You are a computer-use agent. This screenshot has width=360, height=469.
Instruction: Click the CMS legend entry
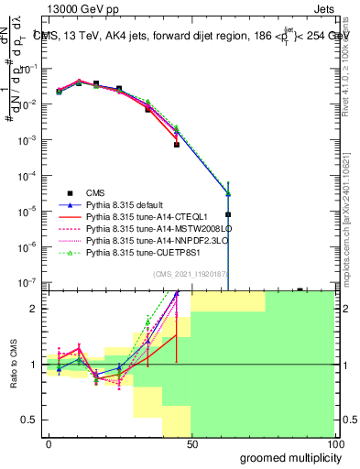[x=97, y=192]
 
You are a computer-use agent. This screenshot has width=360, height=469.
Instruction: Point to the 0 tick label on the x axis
[x=48, y=443]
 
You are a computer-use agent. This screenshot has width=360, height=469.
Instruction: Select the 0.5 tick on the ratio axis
[x=33, y=420]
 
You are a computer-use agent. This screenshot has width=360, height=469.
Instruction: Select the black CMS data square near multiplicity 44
[x=177, y=145]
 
